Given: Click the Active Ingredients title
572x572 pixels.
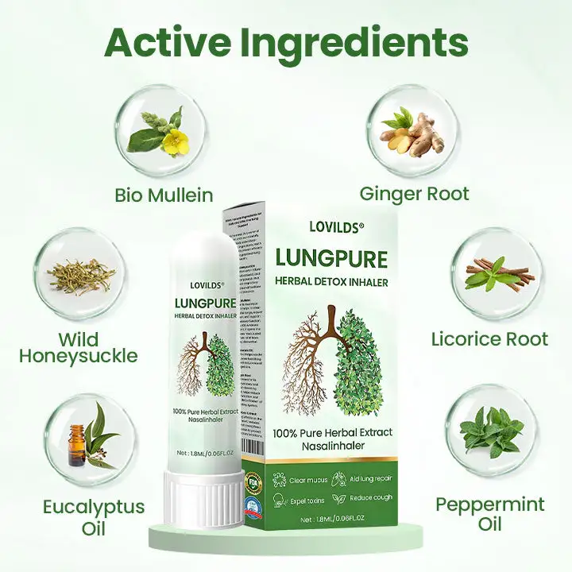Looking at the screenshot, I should tap(286, 41).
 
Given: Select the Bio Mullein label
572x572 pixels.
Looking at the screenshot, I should tap(164, 195).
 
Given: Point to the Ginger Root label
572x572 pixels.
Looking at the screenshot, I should tap(414, 193).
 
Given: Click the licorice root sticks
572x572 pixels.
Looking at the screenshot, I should tap(493, 272).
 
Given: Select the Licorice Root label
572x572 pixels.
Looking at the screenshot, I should tap(489, 339).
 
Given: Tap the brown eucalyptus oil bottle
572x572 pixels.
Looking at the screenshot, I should tap(75, 445).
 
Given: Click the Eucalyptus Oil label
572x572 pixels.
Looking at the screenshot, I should tap(94, 517).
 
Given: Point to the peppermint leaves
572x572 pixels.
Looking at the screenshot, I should tap(490, 432).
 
